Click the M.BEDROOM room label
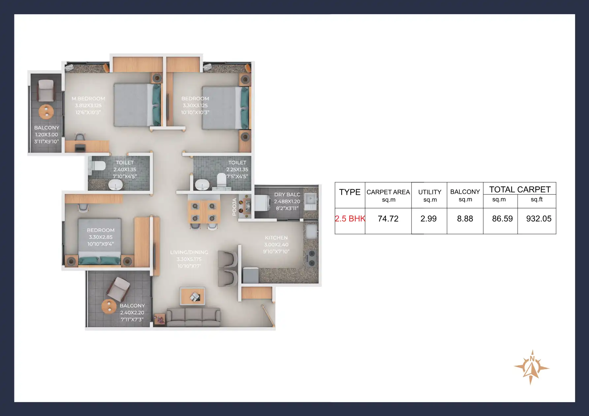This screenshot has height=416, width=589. (x=88, y=99)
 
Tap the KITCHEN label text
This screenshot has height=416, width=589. (x=276, y=238)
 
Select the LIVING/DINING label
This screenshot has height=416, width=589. (x=189, y=252)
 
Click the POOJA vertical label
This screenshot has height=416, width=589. (x=234, y=207)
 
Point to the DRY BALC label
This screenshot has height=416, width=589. (x=287, y=194)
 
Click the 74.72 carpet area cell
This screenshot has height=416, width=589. (x=388, y=219)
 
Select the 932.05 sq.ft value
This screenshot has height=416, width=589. (x=539, y=219)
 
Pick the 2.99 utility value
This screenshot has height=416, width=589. (x=428, y=219)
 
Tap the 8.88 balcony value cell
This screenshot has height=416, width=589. (x=465, y=219)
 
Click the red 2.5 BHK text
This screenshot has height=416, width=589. (x=350, y=219)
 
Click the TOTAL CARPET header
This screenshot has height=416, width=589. (x=520, y=190)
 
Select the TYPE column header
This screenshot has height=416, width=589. (x=350, y=192)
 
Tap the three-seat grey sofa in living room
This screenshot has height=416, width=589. (x=193, y=317)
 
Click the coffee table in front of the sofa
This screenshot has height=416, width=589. (x=193, y=296)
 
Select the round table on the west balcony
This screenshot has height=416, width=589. (x=46, y=112)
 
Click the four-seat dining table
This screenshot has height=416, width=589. (x=204, y=212)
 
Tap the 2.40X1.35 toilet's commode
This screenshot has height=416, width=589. (x=98, y=166)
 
